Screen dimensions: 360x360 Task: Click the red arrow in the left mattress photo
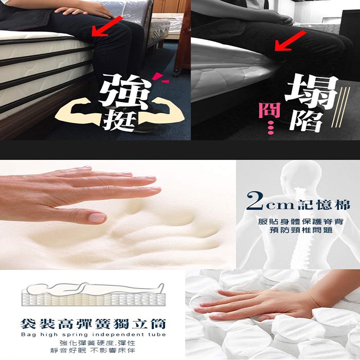(107, 26)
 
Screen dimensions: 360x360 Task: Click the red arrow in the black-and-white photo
(290, 41)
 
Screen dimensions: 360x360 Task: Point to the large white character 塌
(312, 91)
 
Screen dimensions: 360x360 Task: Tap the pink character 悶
(269, 111)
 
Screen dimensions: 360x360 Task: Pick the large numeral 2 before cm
(255, 201)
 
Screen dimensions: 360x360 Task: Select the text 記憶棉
(323, 205)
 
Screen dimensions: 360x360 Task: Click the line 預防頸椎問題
(301, 230)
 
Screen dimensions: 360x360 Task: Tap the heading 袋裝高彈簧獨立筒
(93, 323)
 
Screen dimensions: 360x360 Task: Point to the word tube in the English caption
(157, 334)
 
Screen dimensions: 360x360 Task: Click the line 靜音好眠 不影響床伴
(93, 350)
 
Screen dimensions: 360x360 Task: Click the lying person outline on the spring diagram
(95, 289)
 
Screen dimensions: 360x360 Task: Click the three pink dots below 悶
(271, 128)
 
